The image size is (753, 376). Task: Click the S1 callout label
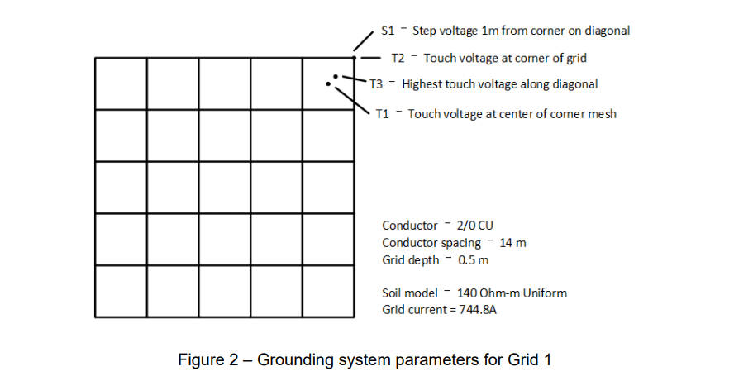388,31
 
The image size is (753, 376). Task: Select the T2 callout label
398,58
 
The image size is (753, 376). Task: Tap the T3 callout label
376,84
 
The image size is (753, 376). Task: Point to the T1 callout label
382,113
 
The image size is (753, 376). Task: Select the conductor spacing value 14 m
512,243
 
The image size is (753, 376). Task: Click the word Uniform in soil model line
547,293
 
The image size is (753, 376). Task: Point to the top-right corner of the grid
354,58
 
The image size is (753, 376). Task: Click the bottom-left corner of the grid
96,317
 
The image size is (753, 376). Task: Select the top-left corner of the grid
96,58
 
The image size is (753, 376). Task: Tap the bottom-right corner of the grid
354,317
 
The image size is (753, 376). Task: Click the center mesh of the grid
225,188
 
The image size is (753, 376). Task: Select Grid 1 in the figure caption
531,359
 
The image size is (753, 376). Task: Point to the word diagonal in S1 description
608,31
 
